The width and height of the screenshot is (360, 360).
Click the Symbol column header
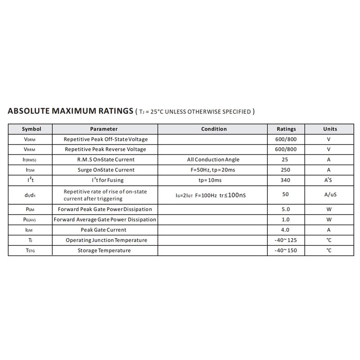click(x=31, y=129)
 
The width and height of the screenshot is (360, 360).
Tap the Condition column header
click(x=214, y=129)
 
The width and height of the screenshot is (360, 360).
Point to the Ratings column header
click(x=286, y=129)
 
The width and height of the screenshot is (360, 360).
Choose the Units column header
click(x=330, y=129)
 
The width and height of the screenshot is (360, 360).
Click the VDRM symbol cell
click(x=31, y=139)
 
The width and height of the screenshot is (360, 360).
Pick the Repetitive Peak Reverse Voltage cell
click(x=105, y=149)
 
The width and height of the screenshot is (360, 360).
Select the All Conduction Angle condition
click(x=213, y=160)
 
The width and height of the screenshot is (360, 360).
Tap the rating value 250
click(x=286, y=170)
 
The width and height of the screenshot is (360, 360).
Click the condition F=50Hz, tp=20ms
click(x=213, y=170)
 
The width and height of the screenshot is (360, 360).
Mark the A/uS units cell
click(x=329, y=195)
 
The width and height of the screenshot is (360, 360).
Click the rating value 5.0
click(x=286, y=209)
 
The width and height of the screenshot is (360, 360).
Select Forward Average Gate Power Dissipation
click(x=105, y=220)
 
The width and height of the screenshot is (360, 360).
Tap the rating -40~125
click(x=286, y=240)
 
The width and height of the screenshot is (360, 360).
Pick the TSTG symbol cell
click(x=31, y=250)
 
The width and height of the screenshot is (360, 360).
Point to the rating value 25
click(x=286, y=160)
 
